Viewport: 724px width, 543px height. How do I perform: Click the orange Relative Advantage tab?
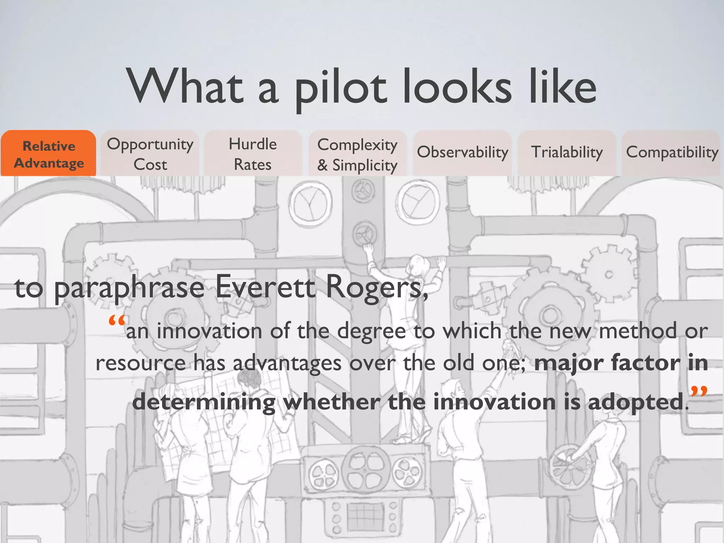(x=49, y=154)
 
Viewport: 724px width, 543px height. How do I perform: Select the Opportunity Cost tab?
(x=150, y=154)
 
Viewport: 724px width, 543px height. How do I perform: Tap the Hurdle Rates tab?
(x=253, y=154)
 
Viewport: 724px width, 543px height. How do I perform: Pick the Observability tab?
(x=462, y=152)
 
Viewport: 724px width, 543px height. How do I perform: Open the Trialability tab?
(x=567, y=152)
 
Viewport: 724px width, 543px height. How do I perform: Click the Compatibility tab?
(x=672, y=152)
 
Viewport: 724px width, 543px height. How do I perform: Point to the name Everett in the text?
(x=265, y=287)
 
